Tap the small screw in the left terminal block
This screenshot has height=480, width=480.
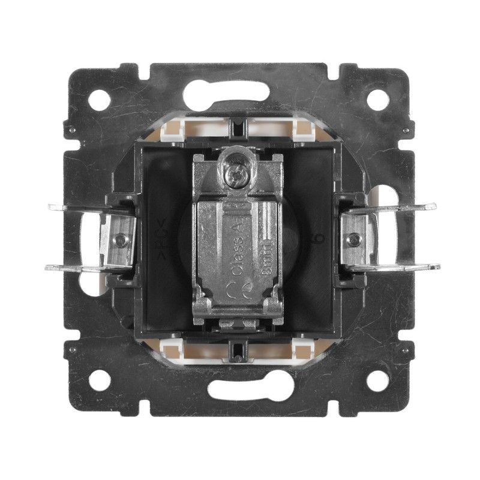122,240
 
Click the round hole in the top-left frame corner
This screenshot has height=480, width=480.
100,99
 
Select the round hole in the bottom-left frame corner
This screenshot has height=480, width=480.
100,379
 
